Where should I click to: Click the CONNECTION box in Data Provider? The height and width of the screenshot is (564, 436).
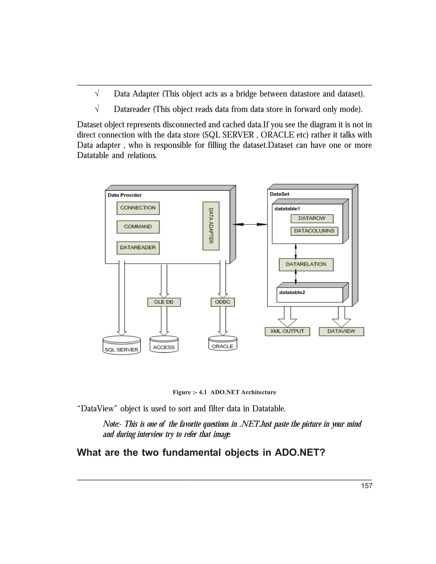click(x=138, y=208)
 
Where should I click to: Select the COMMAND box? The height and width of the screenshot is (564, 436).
click(x=138, y=227)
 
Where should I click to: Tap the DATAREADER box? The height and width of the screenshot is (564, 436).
click(x=138, y=248)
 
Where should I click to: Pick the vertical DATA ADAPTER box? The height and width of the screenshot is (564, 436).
click(x=211, y=226)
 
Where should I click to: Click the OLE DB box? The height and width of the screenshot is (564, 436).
click(x=164, y=302)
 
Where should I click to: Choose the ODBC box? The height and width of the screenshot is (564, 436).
click(x=223, y=302)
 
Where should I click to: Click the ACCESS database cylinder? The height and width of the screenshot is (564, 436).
click(x=164, y=344)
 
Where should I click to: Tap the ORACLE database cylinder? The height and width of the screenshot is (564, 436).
click(x=223, y=343)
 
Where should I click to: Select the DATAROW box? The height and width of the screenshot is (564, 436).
click(x=312, y=219)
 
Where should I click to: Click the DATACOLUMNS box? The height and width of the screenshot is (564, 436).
click(x=314, y=231)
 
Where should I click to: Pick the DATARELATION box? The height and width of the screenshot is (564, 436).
click(x=306, y=264)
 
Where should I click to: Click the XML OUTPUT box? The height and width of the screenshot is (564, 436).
click(x=287, y=331)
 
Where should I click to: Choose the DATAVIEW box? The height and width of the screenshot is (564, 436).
click(x=341, y=331)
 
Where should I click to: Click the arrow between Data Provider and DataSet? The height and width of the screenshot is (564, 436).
click(x=250, y=224)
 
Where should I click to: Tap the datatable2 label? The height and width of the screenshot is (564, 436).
click(x=292, y=292)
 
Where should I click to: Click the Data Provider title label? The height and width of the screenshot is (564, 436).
click(x=125, y=195)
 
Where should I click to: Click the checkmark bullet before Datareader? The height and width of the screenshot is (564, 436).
click(x=97, y=109)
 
